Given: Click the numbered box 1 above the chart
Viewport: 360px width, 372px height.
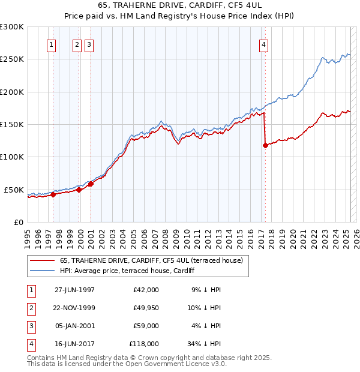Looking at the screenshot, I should pyautogui.click(x=52, y=44).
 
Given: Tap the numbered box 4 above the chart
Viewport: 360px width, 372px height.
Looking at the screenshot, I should pyautogui.click(x=264, y=44).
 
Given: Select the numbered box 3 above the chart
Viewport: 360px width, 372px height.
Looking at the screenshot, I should pyautogui.click(x=89, y=44).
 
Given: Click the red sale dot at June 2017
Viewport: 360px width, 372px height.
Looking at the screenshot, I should pyautogui.click(x=265, y=145).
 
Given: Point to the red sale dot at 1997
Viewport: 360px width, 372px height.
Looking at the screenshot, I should pyautogui.click(x=53, y=194).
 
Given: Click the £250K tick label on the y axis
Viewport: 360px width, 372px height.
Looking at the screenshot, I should pyautogui.click(x=11, y=59).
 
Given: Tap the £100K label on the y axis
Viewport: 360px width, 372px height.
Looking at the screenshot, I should pyautogui.click(x=11, y=157).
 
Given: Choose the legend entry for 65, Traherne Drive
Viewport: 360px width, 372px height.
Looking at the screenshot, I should pyautogui.click(x=151, y=260).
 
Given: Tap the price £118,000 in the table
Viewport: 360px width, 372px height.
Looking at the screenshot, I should pyautogui.click(x=144, y=344).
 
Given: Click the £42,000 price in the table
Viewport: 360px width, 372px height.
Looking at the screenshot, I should pyautogui.click(x=146, y=290).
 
